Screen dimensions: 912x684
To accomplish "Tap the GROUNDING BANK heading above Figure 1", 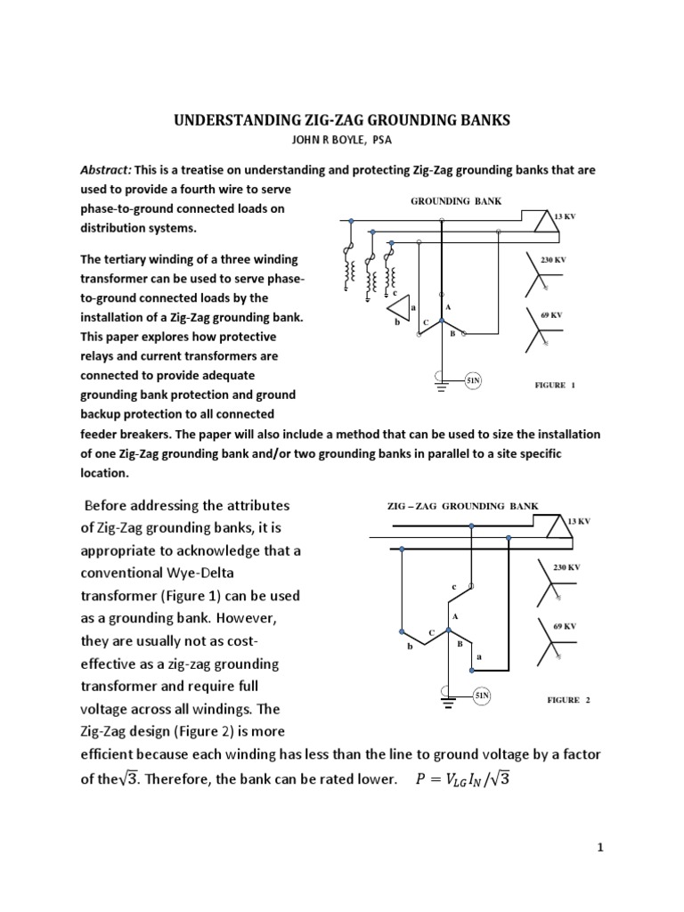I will pyautogui.click(x=455, y=201).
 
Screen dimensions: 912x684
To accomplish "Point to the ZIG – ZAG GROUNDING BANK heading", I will pyautogui.click(x=462, y=506).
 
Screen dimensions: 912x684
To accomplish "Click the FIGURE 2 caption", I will pyautogui.click(x=568, y=700).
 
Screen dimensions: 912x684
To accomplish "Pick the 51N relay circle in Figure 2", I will pyautogui.click(x=482, y=696).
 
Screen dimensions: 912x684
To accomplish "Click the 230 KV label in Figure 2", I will pyautogui.click(x=567, y=567).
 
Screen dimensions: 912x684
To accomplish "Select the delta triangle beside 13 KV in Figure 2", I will pyautogui.click(x=546, y=528).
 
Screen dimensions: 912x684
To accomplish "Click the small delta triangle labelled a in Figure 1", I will pyautogui.click(x=403, y=307).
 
